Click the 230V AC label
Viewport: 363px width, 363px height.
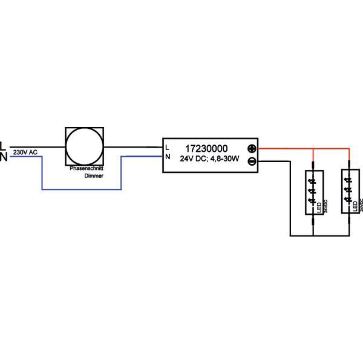(x=25, y=154)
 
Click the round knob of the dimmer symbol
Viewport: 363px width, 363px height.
(x=85, y=147)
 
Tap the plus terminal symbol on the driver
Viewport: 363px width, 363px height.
(x=252, y=149)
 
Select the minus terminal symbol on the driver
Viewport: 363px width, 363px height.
(x=252, y=160)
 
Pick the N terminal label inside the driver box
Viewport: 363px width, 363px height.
(x=168, y=157)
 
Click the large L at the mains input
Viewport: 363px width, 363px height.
(x=3, y=146)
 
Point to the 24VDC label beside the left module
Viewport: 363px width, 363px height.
(x=325, y=207)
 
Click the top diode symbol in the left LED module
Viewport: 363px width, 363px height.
(x=313, y=179)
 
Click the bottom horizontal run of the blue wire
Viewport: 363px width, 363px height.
(x=82, y=190)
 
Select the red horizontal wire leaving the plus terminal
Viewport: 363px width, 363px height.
(x=284, y=149)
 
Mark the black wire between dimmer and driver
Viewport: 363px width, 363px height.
(x=133, y=146)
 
